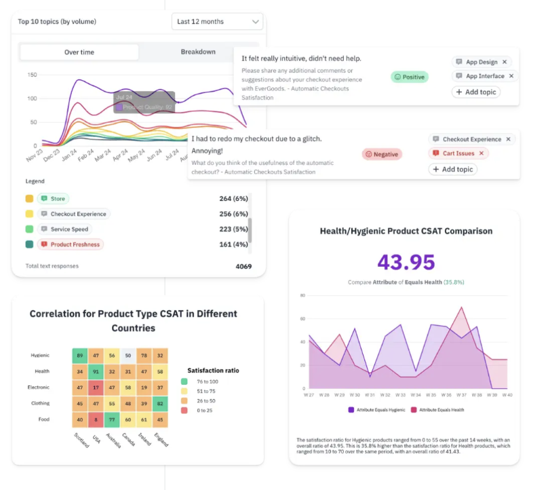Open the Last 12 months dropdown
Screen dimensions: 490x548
217,22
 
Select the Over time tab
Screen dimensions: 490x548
79,52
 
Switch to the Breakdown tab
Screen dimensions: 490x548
198,52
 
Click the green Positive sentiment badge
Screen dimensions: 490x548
410,77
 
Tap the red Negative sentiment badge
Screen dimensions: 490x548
382,154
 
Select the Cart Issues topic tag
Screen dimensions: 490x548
458,153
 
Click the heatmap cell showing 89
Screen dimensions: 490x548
80,355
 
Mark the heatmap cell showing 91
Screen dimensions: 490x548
96,371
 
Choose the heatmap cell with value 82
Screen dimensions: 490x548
160,404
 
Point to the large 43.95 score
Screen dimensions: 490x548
406,262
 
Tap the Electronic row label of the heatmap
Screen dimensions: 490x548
39,388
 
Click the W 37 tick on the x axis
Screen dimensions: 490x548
461,394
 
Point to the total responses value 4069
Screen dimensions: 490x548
243,266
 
